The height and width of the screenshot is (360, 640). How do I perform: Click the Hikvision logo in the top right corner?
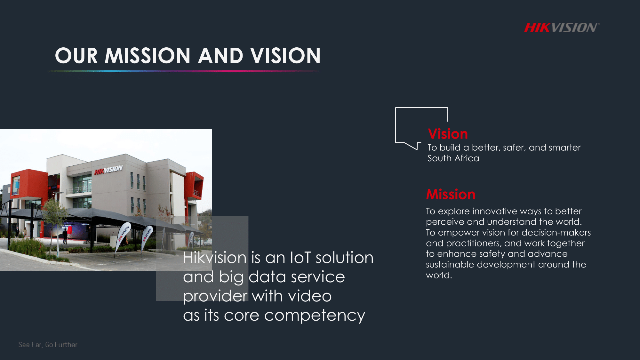[x=562, y=28]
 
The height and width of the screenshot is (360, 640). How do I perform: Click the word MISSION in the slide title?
[x=148, y=56]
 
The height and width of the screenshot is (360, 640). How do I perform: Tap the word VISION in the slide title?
[x=285, y=56]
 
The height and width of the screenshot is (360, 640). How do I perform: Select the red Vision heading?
[x=448, y=134]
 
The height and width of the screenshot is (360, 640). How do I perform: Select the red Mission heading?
[x=451, y=194]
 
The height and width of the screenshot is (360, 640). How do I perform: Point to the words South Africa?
[x=453, y=158]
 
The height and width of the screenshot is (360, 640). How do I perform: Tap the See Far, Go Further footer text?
[x=48, y=345]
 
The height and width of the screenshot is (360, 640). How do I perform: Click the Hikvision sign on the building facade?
[x=108, y=170]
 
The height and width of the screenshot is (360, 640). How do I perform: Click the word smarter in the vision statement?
[x=564, y=148]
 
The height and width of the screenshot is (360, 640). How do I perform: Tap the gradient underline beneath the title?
[x=184, y=71]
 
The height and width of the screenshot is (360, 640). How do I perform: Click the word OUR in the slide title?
[x=76, y=56]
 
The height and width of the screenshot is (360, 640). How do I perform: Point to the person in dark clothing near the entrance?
[x=65, y=236]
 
